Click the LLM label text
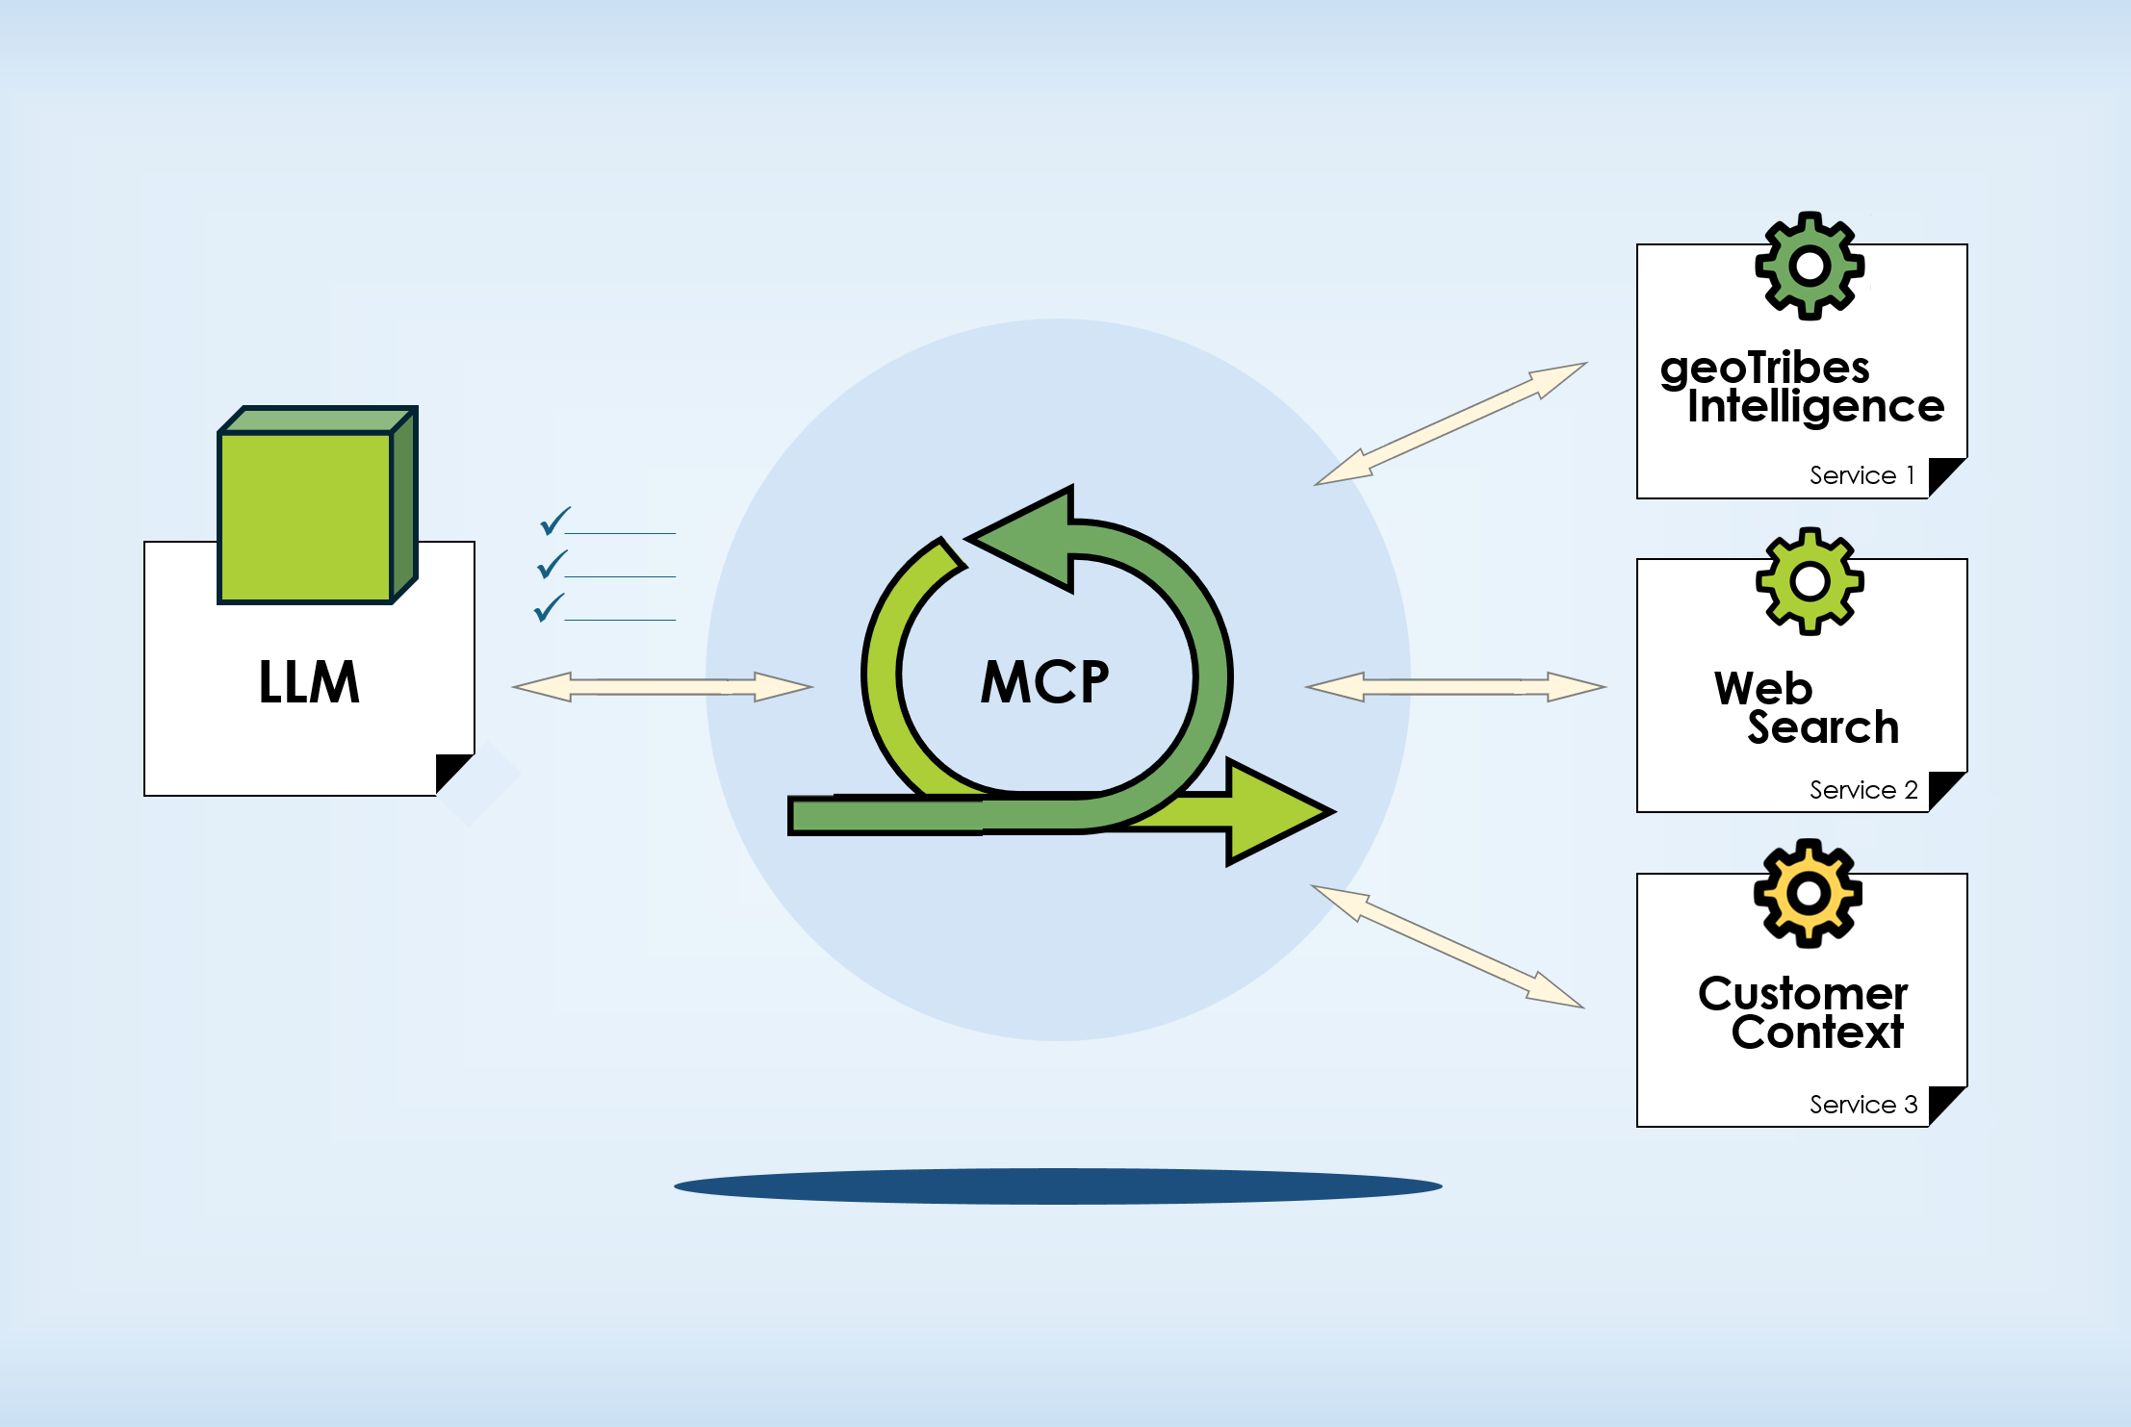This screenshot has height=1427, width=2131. click(309, 682)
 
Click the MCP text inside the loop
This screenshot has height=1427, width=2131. click(1044, 682)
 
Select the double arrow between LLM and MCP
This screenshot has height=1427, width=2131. click(662, 686)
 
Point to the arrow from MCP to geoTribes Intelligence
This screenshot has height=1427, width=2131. click(1451, 423)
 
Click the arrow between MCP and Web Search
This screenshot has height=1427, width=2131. click(1455, 686)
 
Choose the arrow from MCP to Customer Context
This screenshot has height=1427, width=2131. click(1447, 946)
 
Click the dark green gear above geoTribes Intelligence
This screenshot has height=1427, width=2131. click(1810, 266)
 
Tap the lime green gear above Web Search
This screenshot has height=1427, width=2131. click(1810, 580)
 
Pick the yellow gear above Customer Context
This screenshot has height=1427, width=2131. click(1808, 893)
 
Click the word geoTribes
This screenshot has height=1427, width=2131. click(1764, 369)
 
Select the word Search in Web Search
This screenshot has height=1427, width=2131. click(1823, 727)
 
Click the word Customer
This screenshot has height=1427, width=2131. click(1803, 994)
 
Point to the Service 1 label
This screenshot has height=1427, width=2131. click(1861, 475)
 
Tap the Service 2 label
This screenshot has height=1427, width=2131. click(1863, 790)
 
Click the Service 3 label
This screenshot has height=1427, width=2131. click(1863, 1105)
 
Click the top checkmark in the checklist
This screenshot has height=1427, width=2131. click(554, 522)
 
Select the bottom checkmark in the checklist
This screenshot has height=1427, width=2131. click(549, 608)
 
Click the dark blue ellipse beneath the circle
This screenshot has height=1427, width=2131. click(1058, 1185)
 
